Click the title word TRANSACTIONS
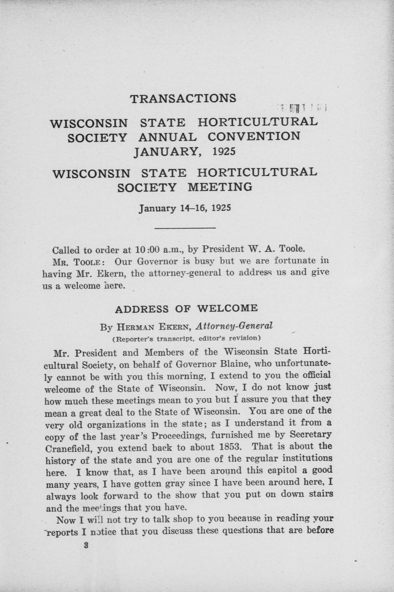point(183,98)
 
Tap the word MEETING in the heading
point(220,187)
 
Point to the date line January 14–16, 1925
point(185,208)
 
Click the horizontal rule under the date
point(185,228)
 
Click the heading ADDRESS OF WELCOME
point(187,308)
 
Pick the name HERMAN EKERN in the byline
point(152,327)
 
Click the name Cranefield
point(69,449)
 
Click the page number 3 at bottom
point(86,546)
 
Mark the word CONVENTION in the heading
point(254,136)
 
